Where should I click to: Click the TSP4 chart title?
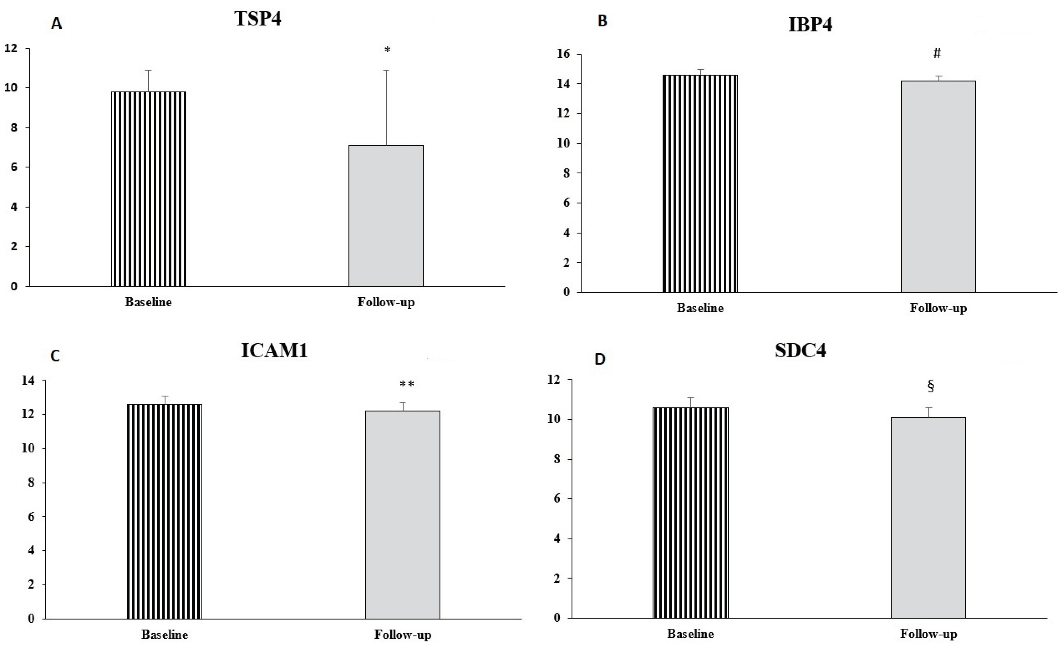[x=258, y=19]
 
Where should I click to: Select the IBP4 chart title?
[x=810, y=25]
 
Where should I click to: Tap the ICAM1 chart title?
[x=274, y=351]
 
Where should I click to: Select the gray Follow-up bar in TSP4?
[x=386, y=216]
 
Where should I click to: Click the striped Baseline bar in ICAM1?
[x=164, y=511]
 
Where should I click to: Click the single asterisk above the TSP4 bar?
[x=387, y=50]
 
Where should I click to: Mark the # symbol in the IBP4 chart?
[x=937, y=53]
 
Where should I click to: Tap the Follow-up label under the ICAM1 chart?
[x=402, y=634]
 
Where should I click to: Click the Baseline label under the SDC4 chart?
[x=690, y=634]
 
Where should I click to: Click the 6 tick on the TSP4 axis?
[x=14, y=167]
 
